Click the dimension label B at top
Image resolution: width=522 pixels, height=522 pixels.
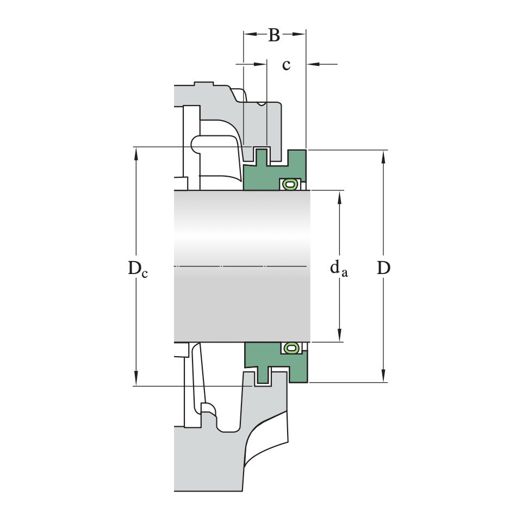[x=274, y=35]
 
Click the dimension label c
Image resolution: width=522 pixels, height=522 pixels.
[x=286, y=65]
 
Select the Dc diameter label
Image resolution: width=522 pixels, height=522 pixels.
[x=138, y=268]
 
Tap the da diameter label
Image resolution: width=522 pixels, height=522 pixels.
[x=339, y=268]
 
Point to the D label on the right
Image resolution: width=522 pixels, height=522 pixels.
[x=383, y=268]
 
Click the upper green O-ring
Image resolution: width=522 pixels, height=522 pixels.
[x=290, y=185]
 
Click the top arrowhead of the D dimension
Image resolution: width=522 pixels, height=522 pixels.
[x=383, y=156]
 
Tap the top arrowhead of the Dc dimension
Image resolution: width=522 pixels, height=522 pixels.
[x=136, y=152]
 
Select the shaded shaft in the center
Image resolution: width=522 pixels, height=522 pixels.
[x=242, y=266]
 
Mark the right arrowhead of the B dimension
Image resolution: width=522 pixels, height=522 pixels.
[x=300, y=34]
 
